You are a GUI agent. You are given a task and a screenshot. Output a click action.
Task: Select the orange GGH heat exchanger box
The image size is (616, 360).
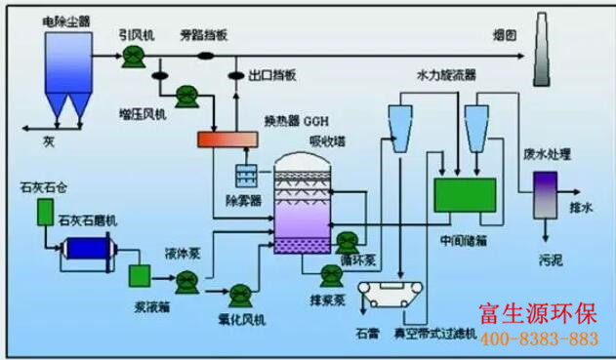pyautogui.click(x=226, y=140)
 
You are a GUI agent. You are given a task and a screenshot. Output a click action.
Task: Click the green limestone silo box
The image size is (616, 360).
pyautogui.click(x=44, y=212)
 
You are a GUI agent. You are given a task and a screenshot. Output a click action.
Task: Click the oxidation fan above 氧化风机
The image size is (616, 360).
pyautogui.click(x=239, y=291)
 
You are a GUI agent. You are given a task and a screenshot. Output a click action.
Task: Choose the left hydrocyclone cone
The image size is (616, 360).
pyautogui.click(x=400, y=124)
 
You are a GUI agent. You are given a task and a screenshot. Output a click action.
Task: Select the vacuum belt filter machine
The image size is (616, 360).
pyautogui.click(x=400, y=296)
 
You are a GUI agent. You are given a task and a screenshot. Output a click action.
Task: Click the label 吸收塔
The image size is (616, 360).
pyautogui.click(x=324, y=140)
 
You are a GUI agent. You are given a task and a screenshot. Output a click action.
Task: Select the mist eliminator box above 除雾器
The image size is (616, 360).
pyautogui.click(x=248, y=178)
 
